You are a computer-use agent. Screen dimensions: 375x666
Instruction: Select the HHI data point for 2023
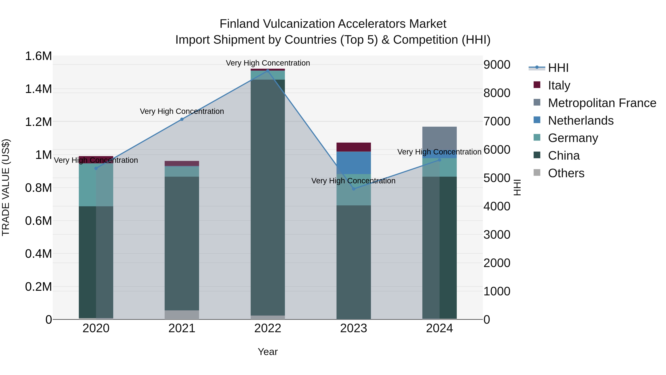(x=354, y=189)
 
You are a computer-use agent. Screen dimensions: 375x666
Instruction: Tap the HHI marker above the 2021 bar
(x=182, y=119)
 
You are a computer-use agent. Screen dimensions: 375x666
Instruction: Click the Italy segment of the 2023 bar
(x=354, y=147)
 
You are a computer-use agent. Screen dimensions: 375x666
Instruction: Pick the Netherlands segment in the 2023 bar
(x=354, y=163)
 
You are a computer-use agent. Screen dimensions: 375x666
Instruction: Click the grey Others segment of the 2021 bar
(x=182, y=315)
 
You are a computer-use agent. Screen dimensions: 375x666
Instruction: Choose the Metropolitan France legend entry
(x=602, y=103)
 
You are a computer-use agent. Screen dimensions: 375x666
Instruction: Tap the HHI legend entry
(x=558, y=68)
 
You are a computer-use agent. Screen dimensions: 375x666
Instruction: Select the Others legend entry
(x=566, y=173)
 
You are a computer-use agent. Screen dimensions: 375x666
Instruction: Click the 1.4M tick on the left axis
(x=38, y=89)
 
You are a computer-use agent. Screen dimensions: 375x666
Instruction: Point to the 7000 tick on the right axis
(x=497, y=121)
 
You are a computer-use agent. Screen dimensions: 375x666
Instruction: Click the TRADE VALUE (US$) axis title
(x=6, y=187)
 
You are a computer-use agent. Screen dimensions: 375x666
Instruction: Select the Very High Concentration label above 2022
(x=268, y=63)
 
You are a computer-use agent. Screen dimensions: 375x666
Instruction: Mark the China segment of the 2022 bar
(x=268, y=197)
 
